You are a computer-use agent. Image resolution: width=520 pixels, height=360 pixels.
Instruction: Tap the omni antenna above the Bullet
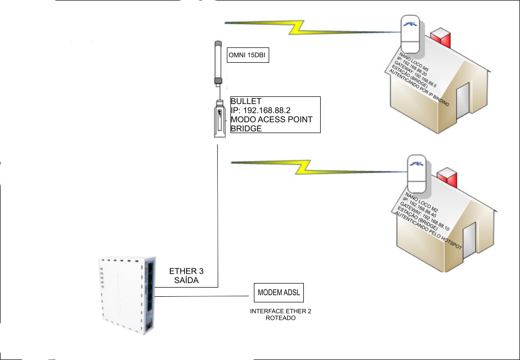pos(219,64)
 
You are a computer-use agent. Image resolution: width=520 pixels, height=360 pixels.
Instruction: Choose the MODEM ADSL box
pos(279,293)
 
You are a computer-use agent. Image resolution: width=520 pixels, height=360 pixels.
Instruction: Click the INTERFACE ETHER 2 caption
pos(280,311)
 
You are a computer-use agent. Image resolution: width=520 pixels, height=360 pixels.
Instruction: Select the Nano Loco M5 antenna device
pos(410,34)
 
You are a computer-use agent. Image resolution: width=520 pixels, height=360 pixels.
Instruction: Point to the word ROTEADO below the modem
pos(280,318)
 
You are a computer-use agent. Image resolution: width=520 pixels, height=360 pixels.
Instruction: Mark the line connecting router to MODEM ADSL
pos(204,295)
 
